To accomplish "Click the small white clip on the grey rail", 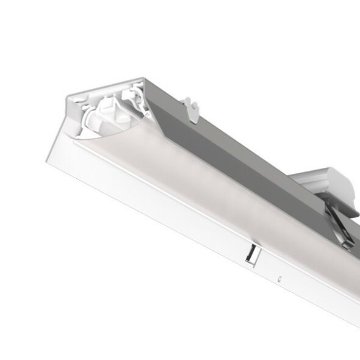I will (x=193, y=110).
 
